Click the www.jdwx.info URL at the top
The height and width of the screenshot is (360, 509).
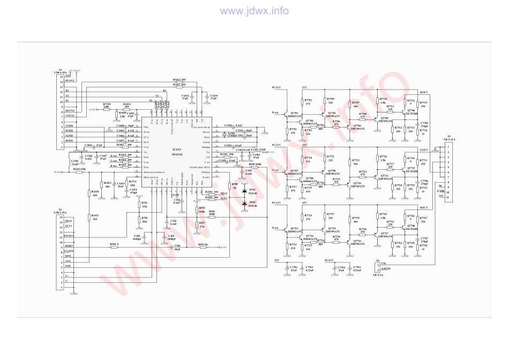click(254, 11)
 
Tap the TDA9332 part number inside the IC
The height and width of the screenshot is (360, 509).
click(177, 154)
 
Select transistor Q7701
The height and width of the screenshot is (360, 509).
click(293, 114)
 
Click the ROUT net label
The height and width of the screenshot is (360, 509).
click(423, 92)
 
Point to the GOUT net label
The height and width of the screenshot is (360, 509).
click(423, 150)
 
